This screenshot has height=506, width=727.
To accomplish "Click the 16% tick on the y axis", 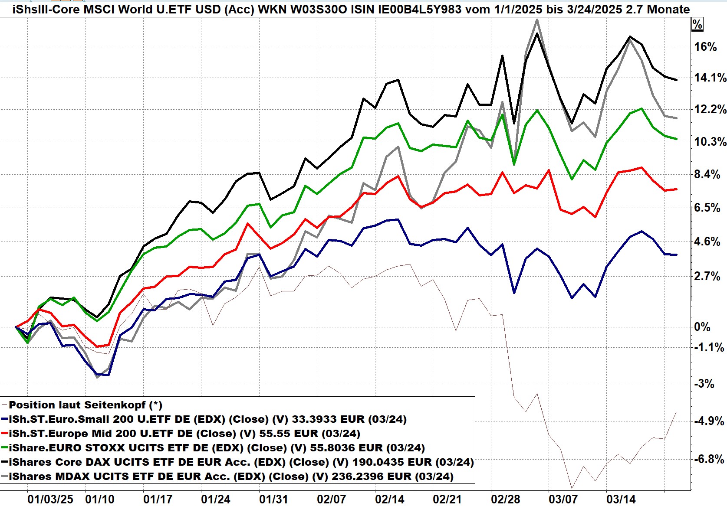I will tap(705, 47).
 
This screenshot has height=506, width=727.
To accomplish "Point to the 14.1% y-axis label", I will tap(710, 78).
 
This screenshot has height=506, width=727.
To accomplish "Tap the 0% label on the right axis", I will tap(702, 327).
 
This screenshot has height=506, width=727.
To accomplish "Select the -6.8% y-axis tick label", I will tap(708, 459).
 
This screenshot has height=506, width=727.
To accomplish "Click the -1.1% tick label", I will tap(708, 347).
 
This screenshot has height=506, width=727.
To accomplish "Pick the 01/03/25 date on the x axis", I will tap(50, 499).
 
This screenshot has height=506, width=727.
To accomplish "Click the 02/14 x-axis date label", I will tap(389, 499).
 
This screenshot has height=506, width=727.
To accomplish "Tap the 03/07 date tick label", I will tap(563, 499).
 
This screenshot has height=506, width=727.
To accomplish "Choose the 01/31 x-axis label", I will tap(273, 499).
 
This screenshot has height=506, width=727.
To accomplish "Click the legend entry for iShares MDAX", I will tap(231, 477).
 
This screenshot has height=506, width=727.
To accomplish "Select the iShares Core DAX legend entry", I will tap(241, 462).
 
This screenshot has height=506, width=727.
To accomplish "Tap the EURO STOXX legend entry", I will tap(217, 448).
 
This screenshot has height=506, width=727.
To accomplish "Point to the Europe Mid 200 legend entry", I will tap(184, 434).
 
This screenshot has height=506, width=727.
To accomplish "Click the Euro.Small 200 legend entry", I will tap(207, 419).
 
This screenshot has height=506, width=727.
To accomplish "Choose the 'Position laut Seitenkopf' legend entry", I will tap(86, 405).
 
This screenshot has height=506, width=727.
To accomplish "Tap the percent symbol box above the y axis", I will tap(697, 25).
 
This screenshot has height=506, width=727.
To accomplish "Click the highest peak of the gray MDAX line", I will tap(537, 20).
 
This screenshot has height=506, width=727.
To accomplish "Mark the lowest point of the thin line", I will tap(572, 488).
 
